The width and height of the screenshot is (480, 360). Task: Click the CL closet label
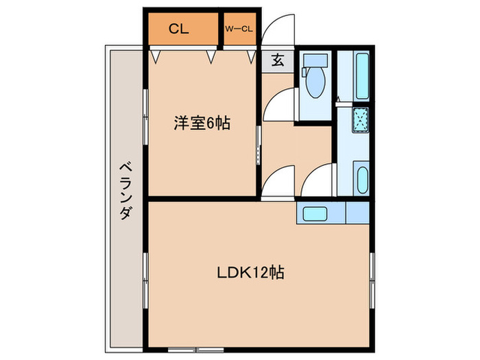point(179,29)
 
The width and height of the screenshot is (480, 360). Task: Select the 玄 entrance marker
point(277,61)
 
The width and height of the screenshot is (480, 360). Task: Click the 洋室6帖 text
point(201,124)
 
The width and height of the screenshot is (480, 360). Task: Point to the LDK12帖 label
point(251,272)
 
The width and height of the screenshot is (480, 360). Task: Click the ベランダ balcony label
point(125,191)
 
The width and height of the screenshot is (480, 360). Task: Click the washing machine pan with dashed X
point(361,119)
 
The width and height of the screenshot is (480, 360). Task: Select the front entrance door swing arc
point(276,31)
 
